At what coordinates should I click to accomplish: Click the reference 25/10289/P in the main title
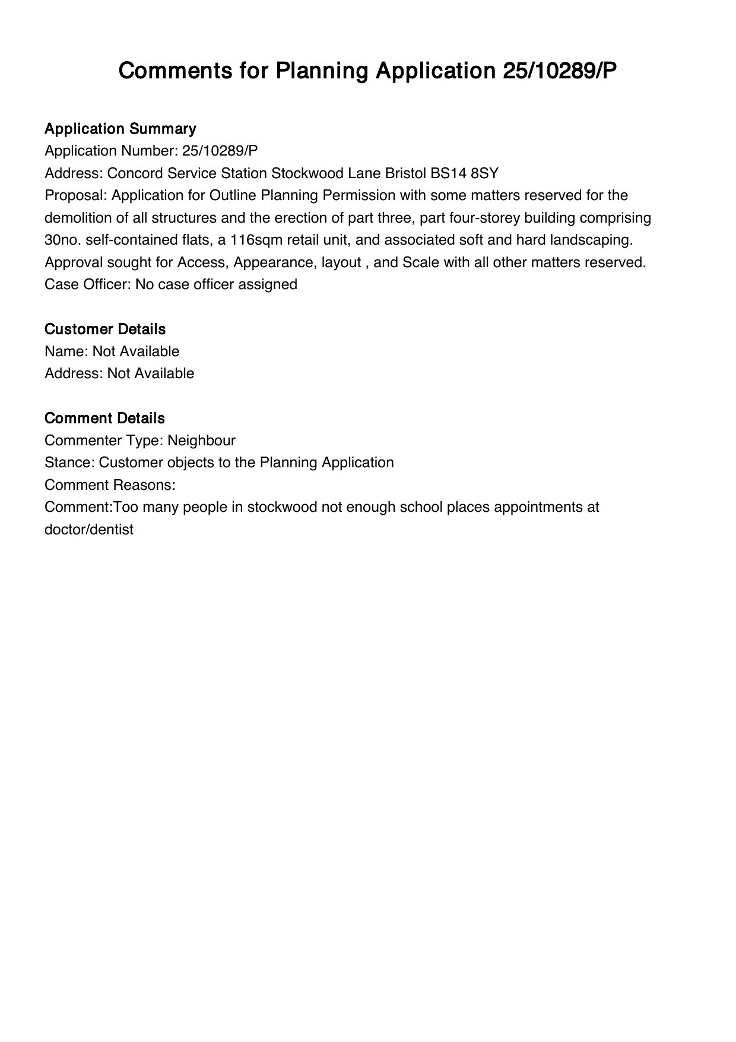click(560, 71)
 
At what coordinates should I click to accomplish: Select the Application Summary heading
click(120, 129)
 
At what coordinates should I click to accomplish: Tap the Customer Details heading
click(105, 329)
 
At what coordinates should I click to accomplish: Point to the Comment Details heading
click(104, 418)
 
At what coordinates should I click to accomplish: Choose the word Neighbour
click(201, 441)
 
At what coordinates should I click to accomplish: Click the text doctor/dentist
click(89, 530)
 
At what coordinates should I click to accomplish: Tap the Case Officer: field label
click(88, 284)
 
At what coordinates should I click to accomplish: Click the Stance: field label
click(69, 463)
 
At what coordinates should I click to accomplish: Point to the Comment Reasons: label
click(110, 485)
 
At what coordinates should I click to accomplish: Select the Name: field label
click(66, 351)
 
